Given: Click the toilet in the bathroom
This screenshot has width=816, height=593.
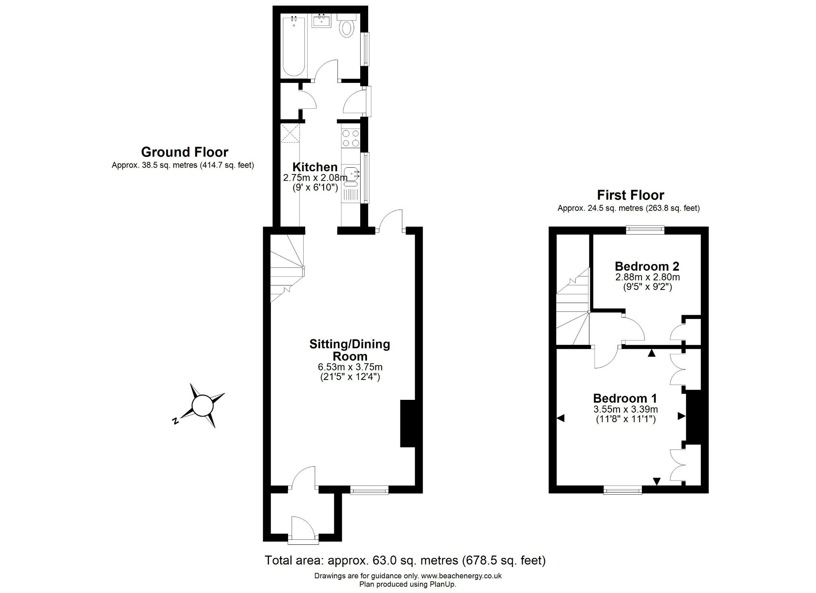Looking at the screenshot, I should (x=347, y=28).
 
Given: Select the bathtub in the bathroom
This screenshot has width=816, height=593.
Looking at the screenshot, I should (x=294, y=46).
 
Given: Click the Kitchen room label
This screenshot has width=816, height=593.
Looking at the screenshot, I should (x=315, y=166).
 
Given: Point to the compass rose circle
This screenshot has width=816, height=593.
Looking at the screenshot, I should (x=203, y=405).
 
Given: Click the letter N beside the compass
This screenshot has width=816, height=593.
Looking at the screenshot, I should (x=175, y=421).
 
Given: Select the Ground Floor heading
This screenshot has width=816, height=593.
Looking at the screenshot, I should (x=184, y=152).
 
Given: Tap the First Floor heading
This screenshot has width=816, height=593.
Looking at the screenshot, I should (x=630, y=195).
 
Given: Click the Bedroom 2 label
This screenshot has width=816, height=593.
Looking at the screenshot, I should (x=647, y=266).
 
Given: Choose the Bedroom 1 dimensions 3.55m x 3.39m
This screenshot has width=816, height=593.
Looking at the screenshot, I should (x=625, y=409).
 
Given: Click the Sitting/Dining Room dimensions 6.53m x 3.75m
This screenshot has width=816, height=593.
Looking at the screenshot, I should (x=349, y=366).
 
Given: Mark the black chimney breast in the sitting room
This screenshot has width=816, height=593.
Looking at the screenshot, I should (x=408, y=423).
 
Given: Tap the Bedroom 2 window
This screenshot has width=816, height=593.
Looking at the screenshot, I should (x=645, y=229).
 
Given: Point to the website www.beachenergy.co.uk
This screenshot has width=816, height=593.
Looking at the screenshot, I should (x=461, y=575).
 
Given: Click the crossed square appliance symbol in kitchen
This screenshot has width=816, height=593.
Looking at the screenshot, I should (x=290, y=133).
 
